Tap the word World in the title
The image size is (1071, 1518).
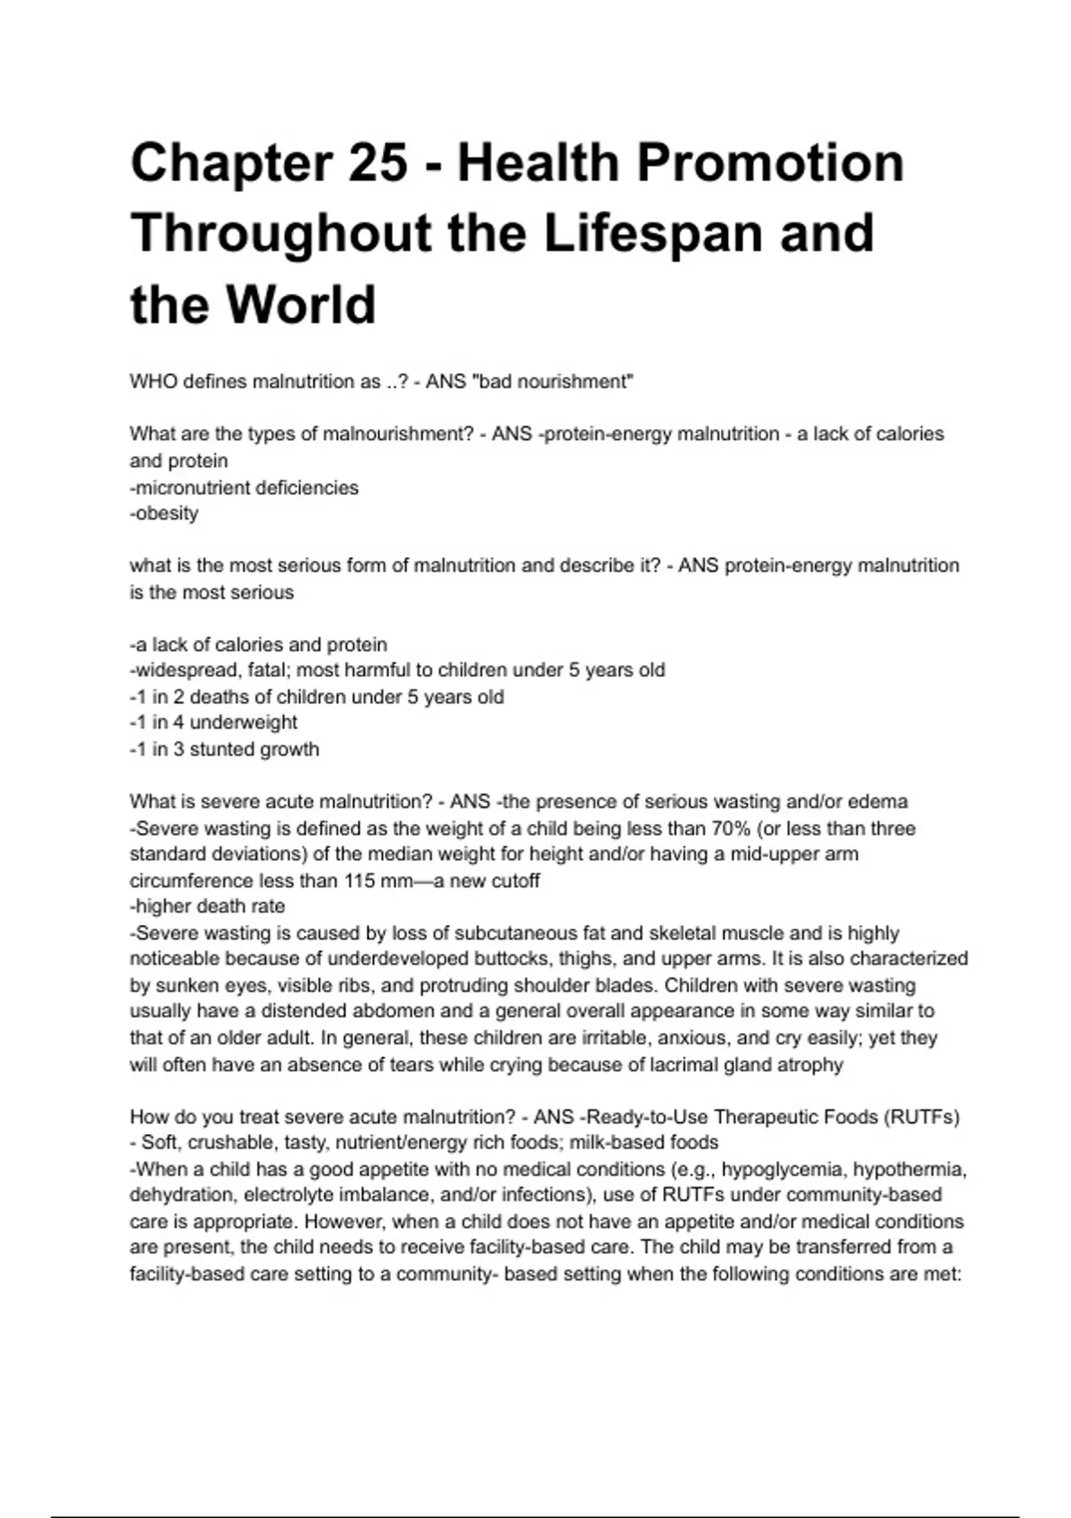(301, 304)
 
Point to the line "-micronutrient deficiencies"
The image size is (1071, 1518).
(244, 488)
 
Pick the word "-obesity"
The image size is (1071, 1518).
(164, 513)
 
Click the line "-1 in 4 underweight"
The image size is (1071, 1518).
(213, 722)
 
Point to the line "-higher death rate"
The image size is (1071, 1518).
(207, 906)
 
